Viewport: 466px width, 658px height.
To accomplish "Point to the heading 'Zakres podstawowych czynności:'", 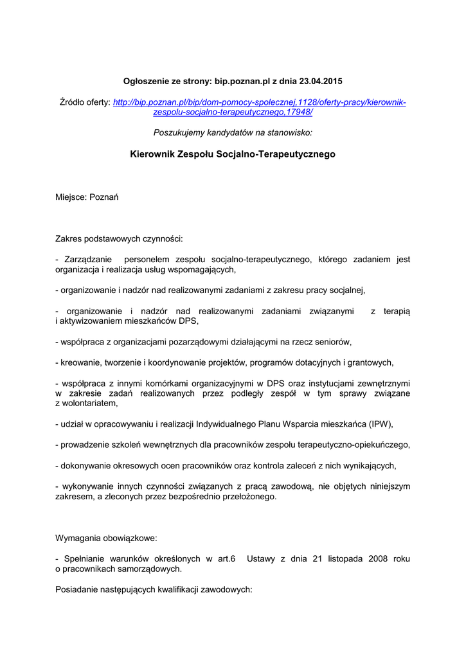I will (x=119, y=239).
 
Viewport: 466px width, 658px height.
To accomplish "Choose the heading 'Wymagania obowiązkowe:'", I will (x=106, y=537).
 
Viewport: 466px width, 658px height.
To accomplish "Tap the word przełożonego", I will (x=247, y=496).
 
